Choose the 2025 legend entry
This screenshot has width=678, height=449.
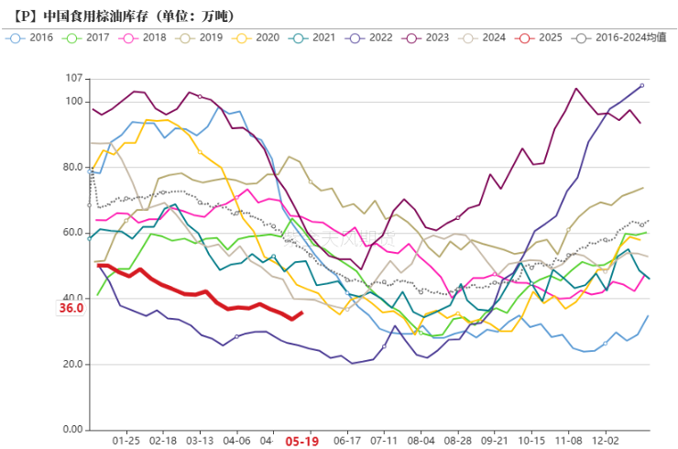point(543,38)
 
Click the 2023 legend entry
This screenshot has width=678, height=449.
point(430,38)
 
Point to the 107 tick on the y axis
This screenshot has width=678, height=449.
point(73,79)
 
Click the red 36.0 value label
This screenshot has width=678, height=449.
point(71,309)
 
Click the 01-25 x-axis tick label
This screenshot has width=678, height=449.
point(126,440)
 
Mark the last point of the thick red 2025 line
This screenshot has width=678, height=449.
point(303,312)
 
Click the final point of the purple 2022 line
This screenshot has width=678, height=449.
point(641,85)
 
